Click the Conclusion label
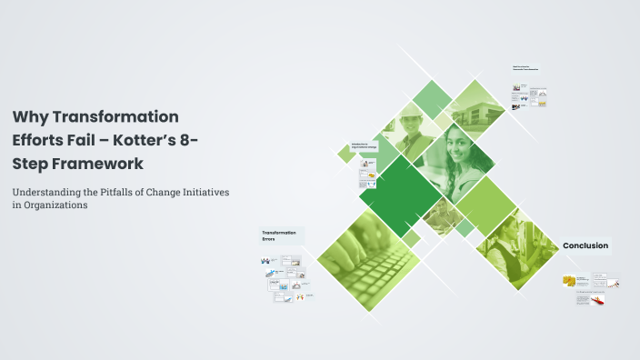[x=585, y=245]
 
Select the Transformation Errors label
[x=281, y=236]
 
